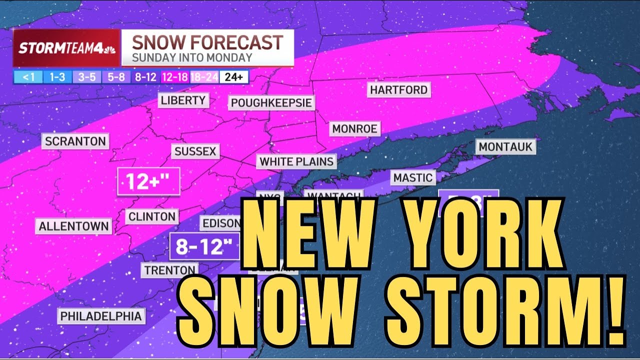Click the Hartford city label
coord(398,90)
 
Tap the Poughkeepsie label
coord(271,103)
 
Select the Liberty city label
coord(183,100)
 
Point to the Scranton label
coord(75,141)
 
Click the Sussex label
coord(195,151)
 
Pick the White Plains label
coord(296,161)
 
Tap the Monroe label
coord(354,128)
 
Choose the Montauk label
coord(505,147)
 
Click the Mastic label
coord(412,177)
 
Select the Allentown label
coord(74,226)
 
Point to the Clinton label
coord(152,216)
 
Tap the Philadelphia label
coord(101,316)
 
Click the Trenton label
coord(169,270)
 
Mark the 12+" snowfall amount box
coord(148,181)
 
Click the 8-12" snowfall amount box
coord(204,246)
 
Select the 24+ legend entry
coord(234,77)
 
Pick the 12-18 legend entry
coord(174,77)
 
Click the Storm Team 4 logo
coord(66,48)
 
